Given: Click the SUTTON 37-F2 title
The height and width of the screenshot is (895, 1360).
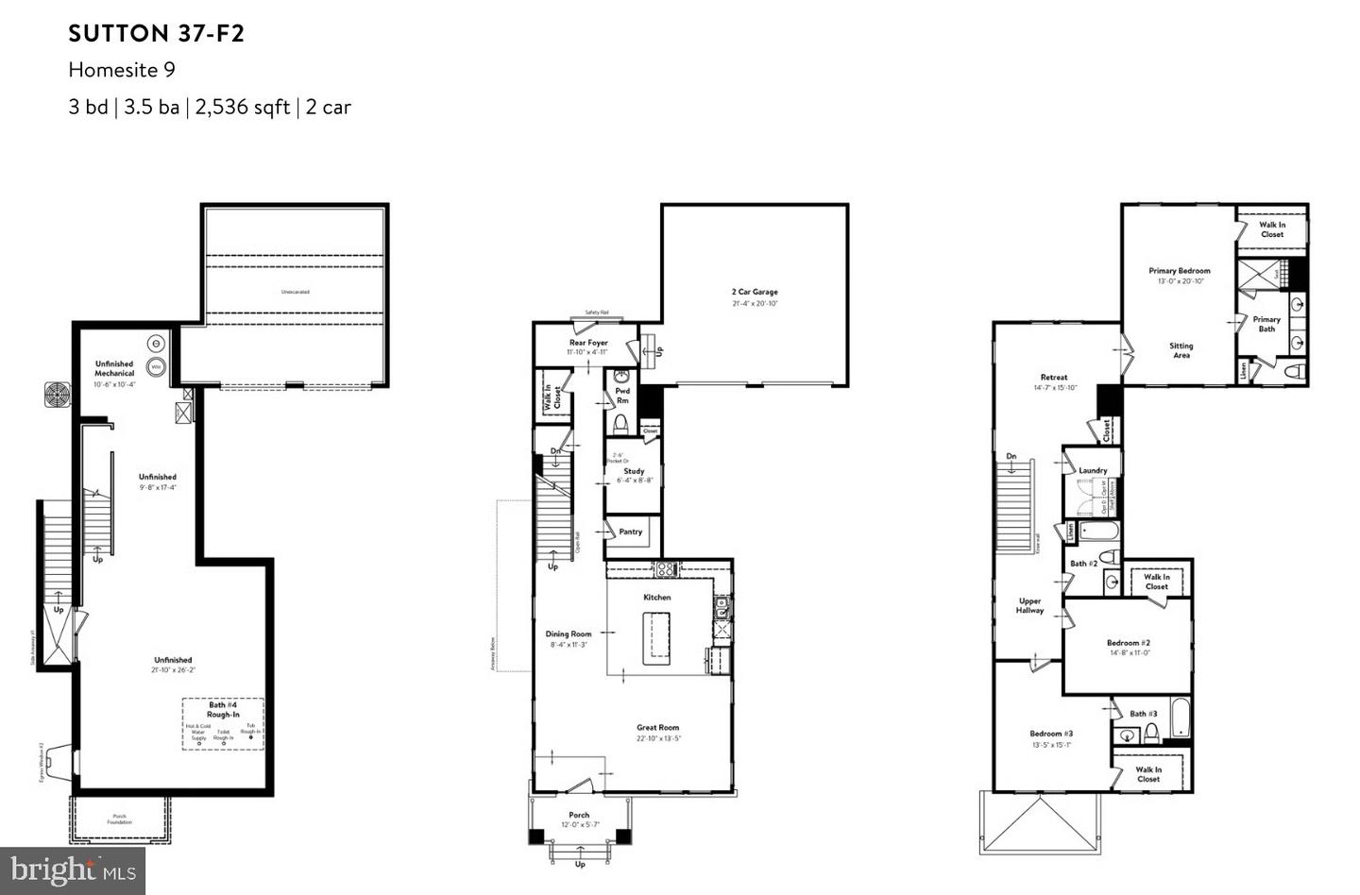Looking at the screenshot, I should tap(156, 34).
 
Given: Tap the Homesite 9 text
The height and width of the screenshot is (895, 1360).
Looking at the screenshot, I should tap(122, 70).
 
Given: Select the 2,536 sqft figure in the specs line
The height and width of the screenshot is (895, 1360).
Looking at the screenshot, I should tap(242, 107).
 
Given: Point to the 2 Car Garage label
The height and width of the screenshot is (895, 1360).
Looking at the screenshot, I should tap(755, 293).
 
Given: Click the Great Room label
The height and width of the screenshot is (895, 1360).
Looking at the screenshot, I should tap(657, 728).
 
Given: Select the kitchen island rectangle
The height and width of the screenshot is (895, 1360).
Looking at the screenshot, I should tap(656, 638).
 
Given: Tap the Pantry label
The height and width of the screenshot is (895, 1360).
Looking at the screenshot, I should tap(630, 532).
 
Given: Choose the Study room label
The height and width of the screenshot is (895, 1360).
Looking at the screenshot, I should tap(634, 471).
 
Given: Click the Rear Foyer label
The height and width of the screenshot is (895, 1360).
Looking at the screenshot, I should tap(588, 343).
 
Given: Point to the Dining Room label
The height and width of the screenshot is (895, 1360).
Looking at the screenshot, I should tap(569, 634).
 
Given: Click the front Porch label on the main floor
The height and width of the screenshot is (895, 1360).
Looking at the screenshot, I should tap(579, 815).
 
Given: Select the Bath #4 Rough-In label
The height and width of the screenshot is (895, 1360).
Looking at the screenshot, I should tap(223, 709).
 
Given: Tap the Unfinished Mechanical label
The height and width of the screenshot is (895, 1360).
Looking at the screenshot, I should tap(114, 368).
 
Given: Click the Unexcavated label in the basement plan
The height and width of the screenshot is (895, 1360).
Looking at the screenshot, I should tap(295, 292).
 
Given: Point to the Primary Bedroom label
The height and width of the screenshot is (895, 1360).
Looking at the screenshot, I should tap(1179, 271).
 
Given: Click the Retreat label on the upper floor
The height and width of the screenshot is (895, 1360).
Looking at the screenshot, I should tap(1053, 377).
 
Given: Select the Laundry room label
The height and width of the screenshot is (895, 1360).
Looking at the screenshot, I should tap(1093, 470).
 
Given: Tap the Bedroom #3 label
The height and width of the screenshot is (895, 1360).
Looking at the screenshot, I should tap(1050, 734).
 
